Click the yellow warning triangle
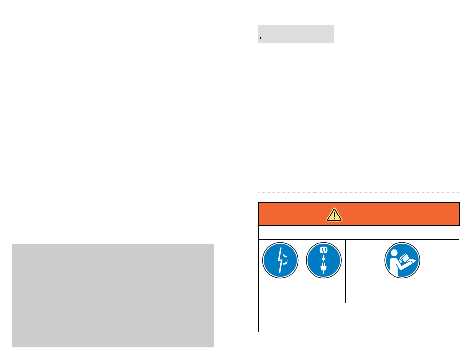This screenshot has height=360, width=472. click(x=334, y=214)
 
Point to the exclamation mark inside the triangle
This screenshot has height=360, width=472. click(x=334, y=215)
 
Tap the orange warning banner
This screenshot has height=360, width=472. click(x=388, y=214)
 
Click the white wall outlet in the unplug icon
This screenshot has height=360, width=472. click(x=323, y=251)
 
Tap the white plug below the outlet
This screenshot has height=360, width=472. click(x=323, y=269)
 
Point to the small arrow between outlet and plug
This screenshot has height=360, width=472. click(x=323, y=259)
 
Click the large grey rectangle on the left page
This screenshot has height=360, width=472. click(x=113, y=295)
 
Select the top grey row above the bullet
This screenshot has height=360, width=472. click(x=296, y=29)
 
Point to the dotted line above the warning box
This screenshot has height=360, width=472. click(x=359, y=193)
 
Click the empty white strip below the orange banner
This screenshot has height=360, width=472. click(x=358, y=232)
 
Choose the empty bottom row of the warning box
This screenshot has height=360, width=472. click(x=358, y=317)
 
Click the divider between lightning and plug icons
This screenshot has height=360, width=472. click(x=302, y=271)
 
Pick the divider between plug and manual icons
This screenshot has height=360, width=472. click(x=345, y=271)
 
